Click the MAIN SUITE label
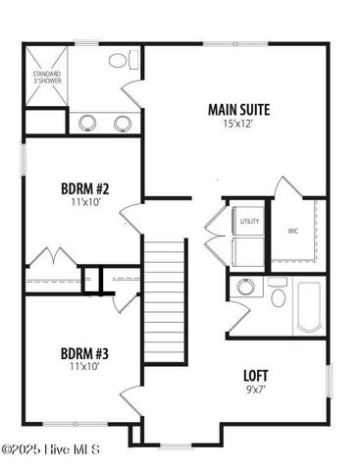(x=238, y=110)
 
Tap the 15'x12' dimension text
(x=238, y=125)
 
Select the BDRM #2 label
(x=85, y=187)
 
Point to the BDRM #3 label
(x=85, y=353)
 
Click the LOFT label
(x=256, y=375)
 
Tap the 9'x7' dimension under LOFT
(x=256, y=389)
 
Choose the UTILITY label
(x=249, y=222)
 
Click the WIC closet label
(x=292, y=232)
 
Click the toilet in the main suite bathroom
(x=119, y=61)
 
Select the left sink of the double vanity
(x=87, y=123)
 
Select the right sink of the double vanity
(x=123, y=123)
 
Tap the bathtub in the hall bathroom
(x=307, y=306)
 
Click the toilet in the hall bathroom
(x=278, y=295)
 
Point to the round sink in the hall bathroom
(x=245, y=288)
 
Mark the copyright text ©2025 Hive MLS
(x=50, y=450)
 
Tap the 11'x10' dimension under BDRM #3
(x=85, y=367)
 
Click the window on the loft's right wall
(x=328, y=381)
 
